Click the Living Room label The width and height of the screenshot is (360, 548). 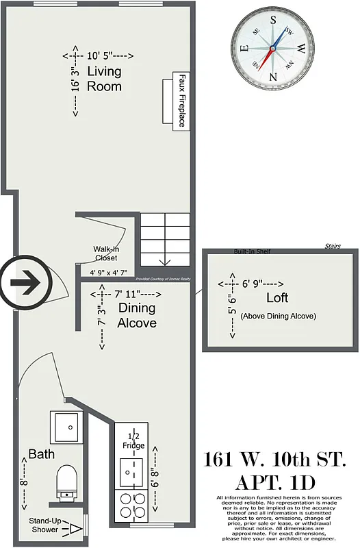click(104, 79)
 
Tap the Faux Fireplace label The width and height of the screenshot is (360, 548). click(183, 101)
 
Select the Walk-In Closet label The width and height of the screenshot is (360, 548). click(105, 253)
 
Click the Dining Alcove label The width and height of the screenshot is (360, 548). click(137, 315)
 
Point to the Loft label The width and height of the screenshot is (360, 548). click(277, 298)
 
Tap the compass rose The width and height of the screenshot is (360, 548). click(272, 46)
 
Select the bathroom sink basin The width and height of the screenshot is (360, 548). click(67, 428)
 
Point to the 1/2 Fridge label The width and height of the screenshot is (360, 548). click(133, 442)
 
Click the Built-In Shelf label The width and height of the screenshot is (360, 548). click(252, 251)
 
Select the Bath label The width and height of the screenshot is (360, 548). click(41, 453)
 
